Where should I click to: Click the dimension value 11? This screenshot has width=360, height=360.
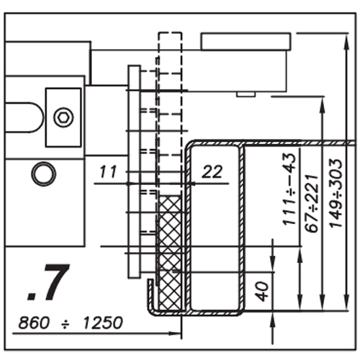click(108, 171)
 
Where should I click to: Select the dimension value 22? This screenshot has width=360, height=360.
click(212, 172)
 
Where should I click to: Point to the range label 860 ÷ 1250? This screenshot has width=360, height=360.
click(71, 323)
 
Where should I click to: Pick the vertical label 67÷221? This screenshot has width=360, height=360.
click(312, 203)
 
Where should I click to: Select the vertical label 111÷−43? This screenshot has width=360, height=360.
click(289, 189)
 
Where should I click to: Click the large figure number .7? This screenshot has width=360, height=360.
click(49, 282)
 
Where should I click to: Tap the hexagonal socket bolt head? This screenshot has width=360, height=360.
click(63, 117)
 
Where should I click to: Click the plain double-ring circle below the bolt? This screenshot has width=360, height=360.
click(44, 174)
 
